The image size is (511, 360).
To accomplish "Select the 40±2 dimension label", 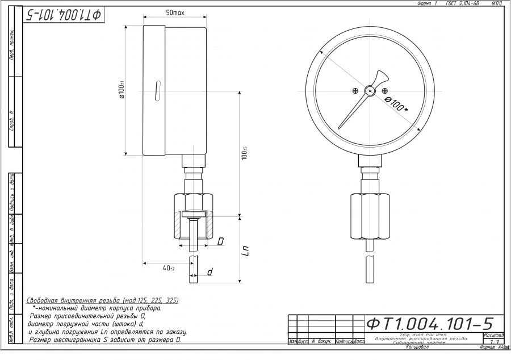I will click(x=168, y=267).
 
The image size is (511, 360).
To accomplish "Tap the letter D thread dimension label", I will click(x=220, y=242).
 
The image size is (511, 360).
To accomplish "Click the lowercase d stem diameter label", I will click(x=210, y=273).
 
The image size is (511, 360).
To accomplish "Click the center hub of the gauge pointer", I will click(x=370, y=90).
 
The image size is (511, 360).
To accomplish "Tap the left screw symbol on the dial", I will click(x=355, y=90).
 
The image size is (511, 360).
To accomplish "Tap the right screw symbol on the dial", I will click(x=385, y=90).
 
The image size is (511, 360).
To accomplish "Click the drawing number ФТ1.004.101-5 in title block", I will click(x=429, y=324).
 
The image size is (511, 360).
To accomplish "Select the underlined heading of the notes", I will click(x=102, y=300).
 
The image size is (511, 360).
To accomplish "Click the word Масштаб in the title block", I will click(x=492, y=336).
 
